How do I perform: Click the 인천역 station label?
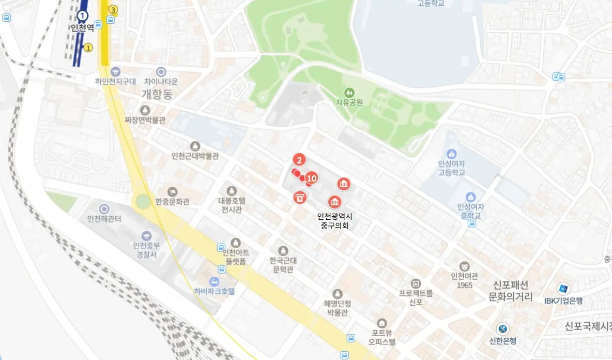[x=82, y=27]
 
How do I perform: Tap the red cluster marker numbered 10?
[x=312, y=178]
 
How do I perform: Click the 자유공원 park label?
[x=349, y=102]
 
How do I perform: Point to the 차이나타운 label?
[x=161, y=81]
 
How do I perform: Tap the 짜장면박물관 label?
[x=145, y=120]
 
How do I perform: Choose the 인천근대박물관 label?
[x=195, y=156]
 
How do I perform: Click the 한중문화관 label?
[x=172, y=201]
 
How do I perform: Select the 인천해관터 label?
[x=104, y=219]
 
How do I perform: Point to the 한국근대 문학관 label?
[x=282, y=265]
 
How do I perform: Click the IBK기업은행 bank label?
[x=563, y=300]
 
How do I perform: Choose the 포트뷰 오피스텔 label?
[x=382, y=337]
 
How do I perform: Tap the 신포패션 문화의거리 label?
[x=510, y=291]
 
